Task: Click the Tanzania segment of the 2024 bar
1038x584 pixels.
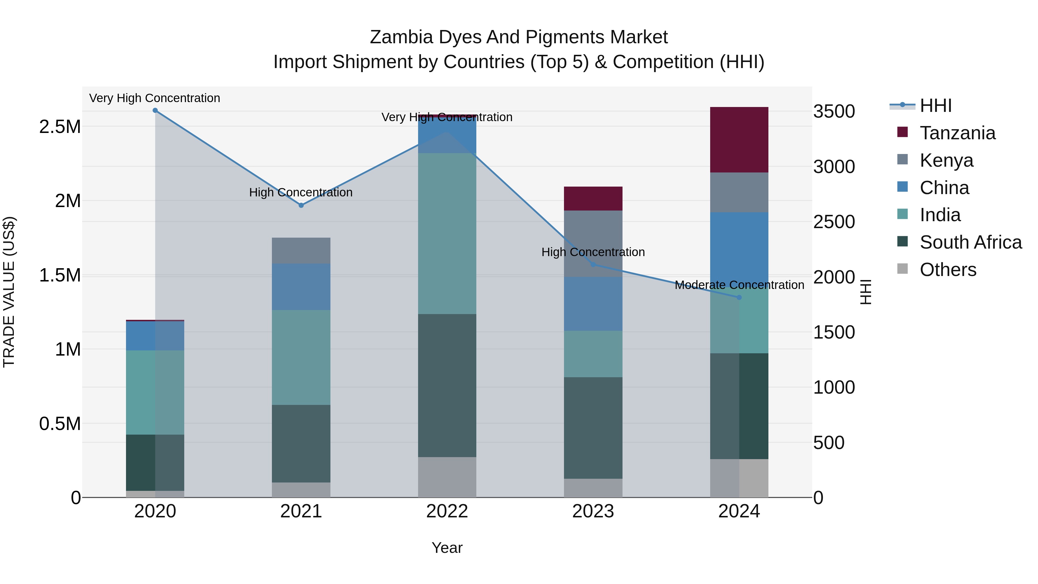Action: (x=739, y=140)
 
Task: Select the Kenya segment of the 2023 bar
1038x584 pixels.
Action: (x=593, y=243)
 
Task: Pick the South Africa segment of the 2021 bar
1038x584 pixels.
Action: (x=301, y=443)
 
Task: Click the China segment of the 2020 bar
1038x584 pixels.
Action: (x=155, y=335)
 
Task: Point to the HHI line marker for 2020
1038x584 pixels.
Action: (x=155, y=110)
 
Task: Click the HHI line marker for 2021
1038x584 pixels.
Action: (x=301, y=205)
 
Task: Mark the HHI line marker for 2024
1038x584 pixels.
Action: (x=739, y=297)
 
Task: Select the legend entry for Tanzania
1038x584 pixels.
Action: (x=957, y=133)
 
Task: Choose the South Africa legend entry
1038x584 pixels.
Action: (x=970, y=242)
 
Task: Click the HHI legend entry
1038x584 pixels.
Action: (x=935, y=106)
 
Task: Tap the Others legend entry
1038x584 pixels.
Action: (x=948, y=270)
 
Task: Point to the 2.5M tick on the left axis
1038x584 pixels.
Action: (x=60, y=127)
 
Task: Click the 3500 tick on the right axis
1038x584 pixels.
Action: (x=834, y=111)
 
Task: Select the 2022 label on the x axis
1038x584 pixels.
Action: (x=447, y=511)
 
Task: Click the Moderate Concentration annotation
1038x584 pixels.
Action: (x=739, y=285)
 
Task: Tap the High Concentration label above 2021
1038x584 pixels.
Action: (x=301, y=192)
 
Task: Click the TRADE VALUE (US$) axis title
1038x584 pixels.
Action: (x=9, y=292)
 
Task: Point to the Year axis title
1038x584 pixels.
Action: (x=447, y=548)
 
